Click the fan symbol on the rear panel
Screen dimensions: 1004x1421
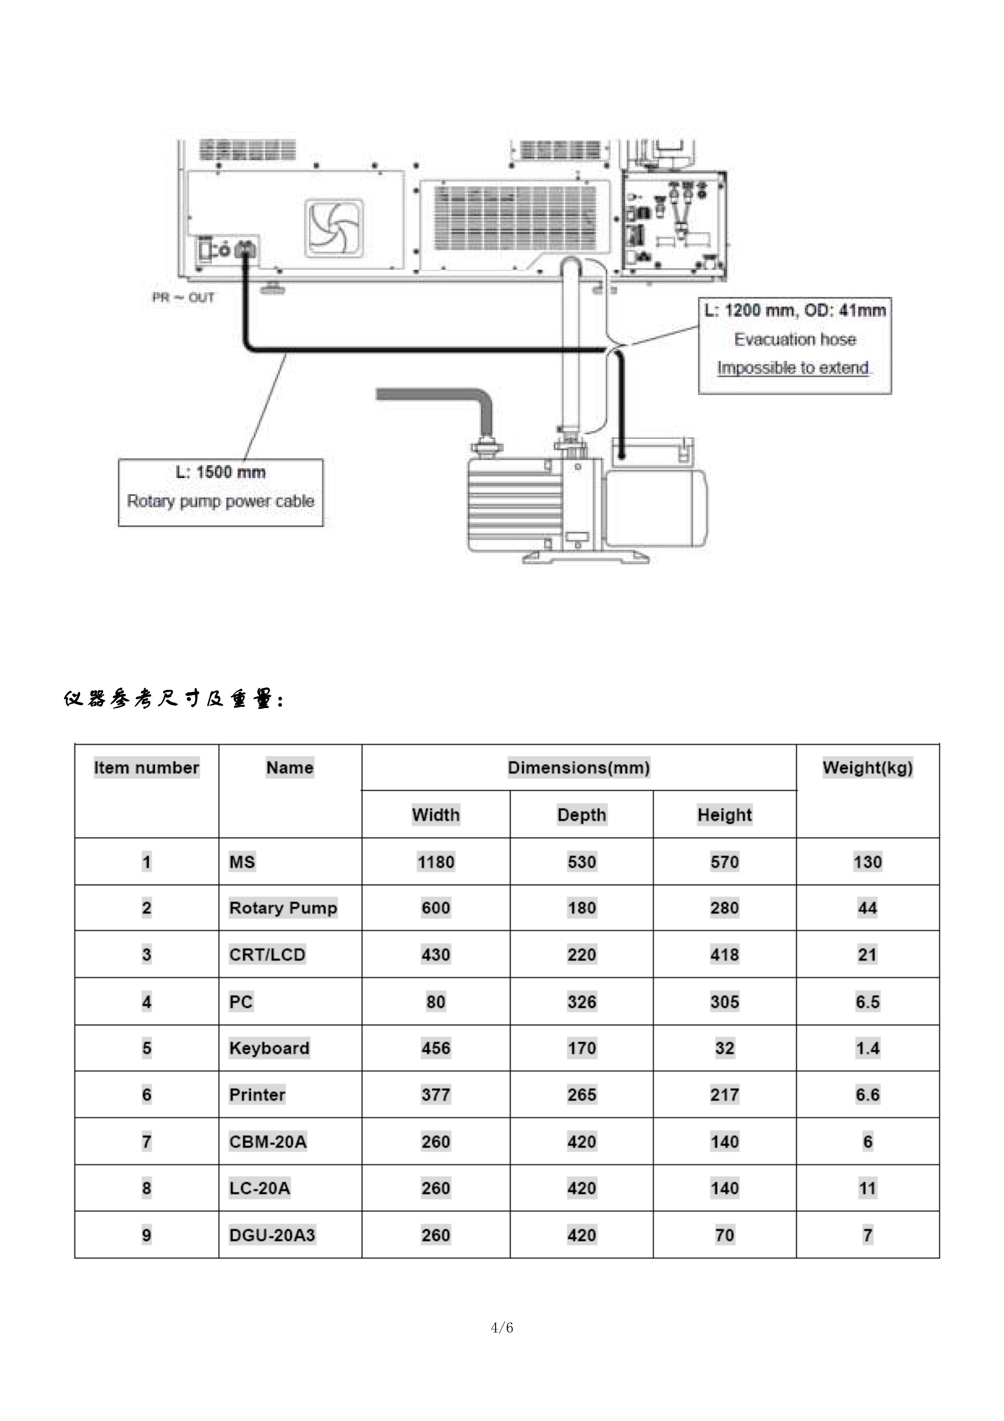(334, 228)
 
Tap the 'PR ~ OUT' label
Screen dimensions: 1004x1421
(184, 298)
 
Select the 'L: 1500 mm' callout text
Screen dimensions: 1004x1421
(221, 472)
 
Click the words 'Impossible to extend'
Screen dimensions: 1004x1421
(794, 368)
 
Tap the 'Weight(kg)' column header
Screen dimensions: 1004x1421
(867, 768)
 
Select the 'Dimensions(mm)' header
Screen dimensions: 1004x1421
(579, 768)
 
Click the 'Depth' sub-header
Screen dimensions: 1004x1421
(581, 815)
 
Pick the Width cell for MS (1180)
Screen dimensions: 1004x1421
(436, 862)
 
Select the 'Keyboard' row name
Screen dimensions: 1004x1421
(269, 1048)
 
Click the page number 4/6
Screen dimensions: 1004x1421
(502, 1327)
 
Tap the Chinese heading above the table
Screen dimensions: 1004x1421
(173, 700)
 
